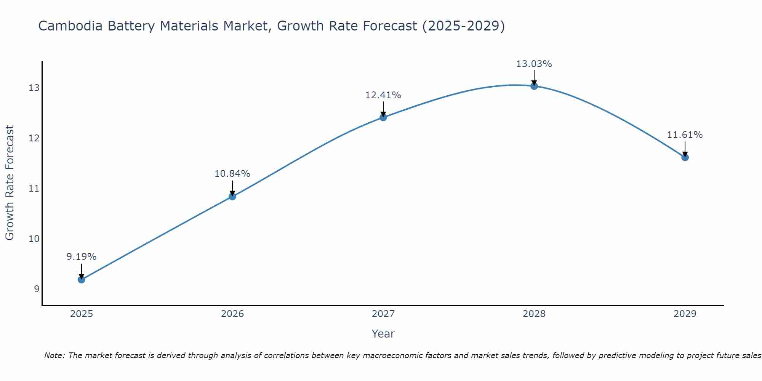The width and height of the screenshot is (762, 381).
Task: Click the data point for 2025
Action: click(81, 279)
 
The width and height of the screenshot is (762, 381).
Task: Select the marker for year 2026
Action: click(232, 196)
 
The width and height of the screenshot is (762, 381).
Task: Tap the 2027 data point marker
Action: click(383, 117)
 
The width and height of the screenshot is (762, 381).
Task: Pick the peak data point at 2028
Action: click(534, 86)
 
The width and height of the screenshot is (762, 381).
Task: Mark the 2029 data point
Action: click(685, 157)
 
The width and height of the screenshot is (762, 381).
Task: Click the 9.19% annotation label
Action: click(81, 257)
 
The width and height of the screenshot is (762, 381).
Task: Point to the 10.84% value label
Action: click(232, 174)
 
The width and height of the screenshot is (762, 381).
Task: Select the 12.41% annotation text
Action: click(383, 95)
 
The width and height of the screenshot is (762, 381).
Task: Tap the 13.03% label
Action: click(534, 64)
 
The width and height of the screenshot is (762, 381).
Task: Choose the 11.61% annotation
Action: click(685, 135)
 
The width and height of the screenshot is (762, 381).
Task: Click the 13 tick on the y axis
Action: click(34, 88)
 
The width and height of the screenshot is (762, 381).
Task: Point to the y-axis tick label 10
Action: click(34, 239)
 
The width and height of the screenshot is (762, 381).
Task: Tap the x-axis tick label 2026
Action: click(232, 314)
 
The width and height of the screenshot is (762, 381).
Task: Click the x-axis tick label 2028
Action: click(534, 314)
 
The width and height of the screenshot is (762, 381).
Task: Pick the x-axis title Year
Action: click(383, 334)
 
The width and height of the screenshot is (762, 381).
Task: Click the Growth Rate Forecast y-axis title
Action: click(10, 183)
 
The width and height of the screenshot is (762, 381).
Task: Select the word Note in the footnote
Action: click(54, 355)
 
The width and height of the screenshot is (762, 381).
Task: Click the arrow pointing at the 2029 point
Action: click(685, 149)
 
